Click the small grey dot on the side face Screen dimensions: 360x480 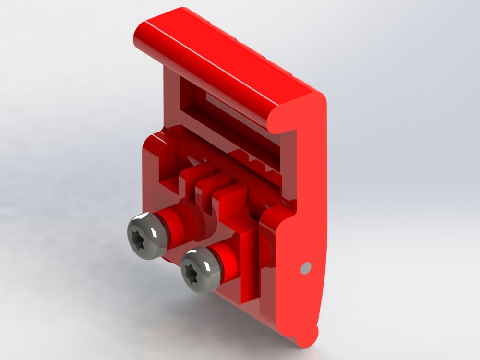(305, 268)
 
